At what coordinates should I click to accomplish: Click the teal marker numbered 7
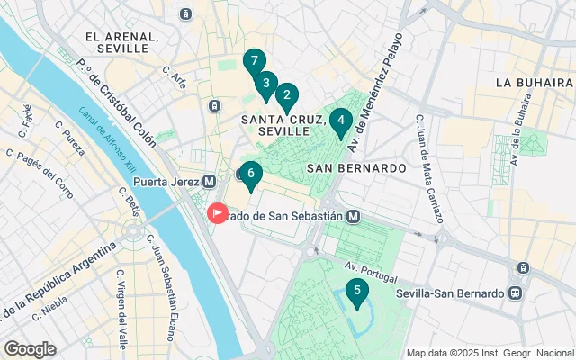tap(255, 62)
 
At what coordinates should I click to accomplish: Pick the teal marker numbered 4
tap(340, 121)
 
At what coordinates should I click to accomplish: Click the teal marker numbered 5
tap(357, 292)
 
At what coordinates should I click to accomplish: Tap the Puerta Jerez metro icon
tap(210, 181)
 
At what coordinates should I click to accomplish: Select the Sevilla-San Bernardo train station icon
tap(516, 293)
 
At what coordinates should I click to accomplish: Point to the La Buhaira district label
tap(535, 82)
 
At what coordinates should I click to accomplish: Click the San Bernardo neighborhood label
tap(356, 167)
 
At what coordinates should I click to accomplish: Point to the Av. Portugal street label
tap(371, 265)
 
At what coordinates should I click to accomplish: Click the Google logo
tap(30, 349)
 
